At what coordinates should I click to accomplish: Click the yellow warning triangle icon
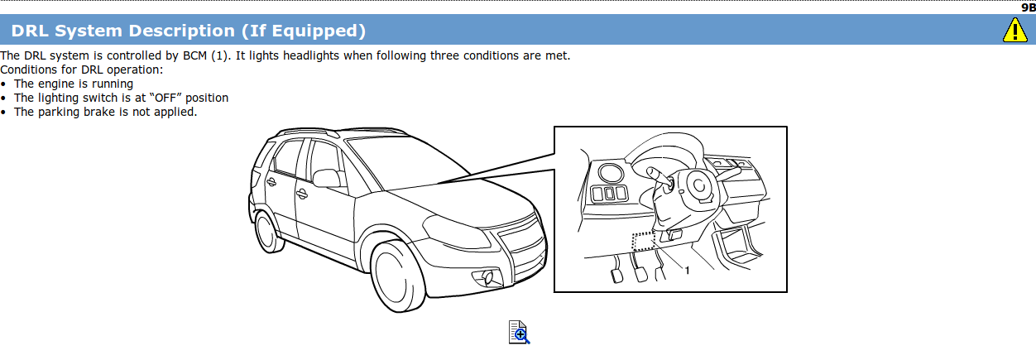1014,31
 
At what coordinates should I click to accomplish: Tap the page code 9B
1028,7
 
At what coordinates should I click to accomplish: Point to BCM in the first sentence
195,55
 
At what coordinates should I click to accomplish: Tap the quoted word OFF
165,98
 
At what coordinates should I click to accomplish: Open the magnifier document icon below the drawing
519,332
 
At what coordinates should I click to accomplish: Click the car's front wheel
397,276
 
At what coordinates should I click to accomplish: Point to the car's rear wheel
267,232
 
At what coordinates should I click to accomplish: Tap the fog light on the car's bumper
488,277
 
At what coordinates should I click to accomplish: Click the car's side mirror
327,178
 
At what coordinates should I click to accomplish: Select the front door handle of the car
302,194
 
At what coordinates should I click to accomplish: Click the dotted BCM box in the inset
644,241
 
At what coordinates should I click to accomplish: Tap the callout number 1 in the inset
688,271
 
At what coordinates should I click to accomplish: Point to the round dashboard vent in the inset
611,174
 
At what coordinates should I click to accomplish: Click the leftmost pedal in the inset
617,276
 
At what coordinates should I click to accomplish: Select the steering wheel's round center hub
698,185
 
